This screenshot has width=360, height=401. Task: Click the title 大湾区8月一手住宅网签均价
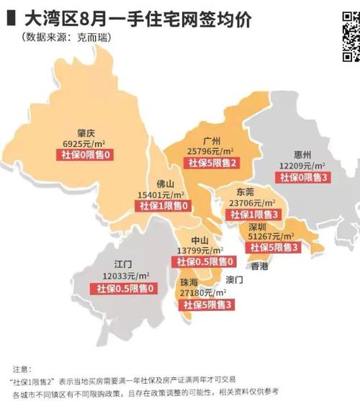(136, 19)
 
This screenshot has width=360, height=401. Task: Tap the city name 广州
(212, 141)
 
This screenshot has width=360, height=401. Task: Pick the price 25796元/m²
(211, 152)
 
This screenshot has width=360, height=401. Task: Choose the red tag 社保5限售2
(211, 163)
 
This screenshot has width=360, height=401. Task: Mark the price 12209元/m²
(302, 166)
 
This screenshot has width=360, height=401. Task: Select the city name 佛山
(163, 184)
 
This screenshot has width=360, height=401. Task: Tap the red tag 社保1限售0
(163, 207)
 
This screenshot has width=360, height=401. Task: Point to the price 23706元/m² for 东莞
(251, 204)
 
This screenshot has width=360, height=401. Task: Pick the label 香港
(260, 266)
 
